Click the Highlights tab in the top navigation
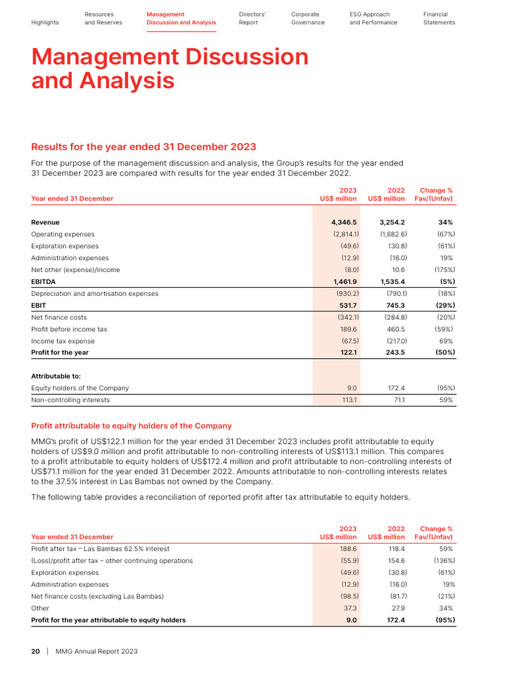(45, 22)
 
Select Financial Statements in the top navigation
(439, 18)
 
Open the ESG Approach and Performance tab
(373, 18)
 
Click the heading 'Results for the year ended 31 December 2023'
(143, 147)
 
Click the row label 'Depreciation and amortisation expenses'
(95, 294)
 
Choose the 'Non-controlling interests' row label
(70, 400)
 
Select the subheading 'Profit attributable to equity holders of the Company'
(132, 426)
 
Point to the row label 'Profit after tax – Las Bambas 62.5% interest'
(100, 549)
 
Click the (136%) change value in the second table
(443, 561)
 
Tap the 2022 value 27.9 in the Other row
(397, 608)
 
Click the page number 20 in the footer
(36, 651)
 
